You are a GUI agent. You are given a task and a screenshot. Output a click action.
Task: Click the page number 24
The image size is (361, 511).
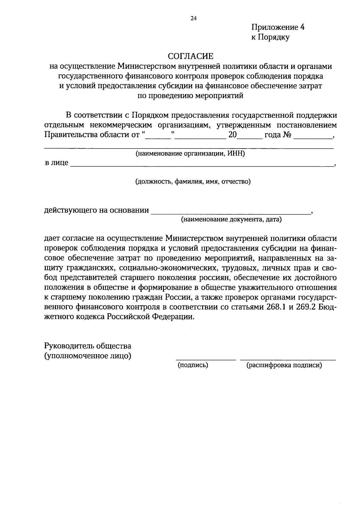tap(193, 19)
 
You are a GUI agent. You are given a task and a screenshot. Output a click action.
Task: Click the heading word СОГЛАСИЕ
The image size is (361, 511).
tap(190, 56)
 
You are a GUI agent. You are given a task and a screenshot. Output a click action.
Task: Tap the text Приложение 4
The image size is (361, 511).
tap(278, 27)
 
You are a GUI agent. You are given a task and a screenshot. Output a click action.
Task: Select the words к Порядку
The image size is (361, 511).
tap(270, 37)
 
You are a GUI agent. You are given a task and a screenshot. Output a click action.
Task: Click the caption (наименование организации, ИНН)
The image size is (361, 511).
tap(190, 154)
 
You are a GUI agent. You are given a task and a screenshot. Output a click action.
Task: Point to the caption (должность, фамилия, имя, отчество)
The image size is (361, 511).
tap(193, 182)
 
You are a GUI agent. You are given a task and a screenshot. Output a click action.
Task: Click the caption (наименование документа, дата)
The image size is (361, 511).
tap(231, 219)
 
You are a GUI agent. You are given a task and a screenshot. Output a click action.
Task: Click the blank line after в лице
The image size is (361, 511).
tap(202, 165)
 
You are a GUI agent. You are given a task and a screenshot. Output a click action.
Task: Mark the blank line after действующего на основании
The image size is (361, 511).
tap(230, 213)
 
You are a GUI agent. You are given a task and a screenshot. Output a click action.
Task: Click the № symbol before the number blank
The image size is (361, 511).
tap(287, 134)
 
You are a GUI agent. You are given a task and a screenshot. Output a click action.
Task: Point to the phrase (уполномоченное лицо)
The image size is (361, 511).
tap(88, 356)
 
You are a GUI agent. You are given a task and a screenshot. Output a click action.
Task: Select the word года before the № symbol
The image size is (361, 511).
tap(272, 134)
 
